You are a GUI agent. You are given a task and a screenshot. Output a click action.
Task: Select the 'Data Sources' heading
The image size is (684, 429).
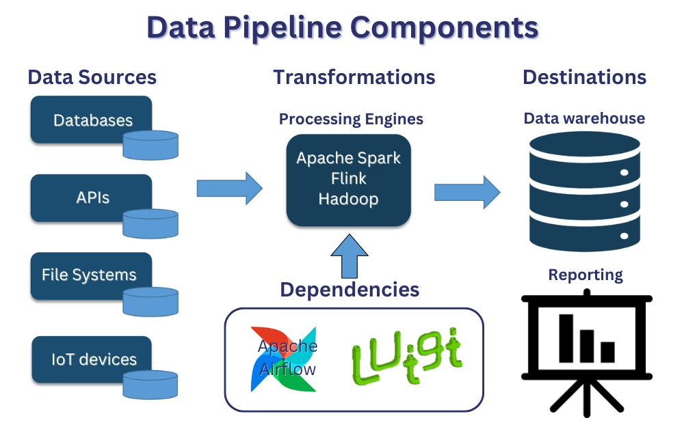click(x=92, y=77)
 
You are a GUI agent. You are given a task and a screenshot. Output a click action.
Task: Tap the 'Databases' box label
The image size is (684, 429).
click(x=92, y=121)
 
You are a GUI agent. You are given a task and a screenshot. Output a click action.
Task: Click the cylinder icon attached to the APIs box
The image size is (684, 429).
click(x=150, y=223)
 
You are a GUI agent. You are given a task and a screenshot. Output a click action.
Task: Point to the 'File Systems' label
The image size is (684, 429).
click(x=89, y=275)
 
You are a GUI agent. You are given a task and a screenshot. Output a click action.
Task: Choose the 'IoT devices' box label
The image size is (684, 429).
click(x=94, y=359)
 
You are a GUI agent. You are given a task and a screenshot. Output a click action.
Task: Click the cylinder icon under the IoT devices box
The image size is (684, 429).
click(x=150, y=386)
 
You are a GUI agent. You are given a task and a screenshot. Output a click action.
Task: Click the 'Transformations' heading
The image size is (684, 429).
click(x=354, y=77)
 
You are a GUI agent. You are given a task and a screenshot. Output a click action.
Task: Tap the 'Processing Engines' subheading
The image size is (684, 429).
click(x=351, y=119)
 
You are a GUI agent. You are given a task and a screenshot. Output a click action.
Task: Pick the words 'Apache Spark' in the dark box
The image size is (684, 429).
click(x=348, y=158)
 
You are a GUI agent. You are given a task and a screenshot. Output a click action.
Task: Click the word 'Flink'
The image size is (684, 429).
click(x=348, y=179)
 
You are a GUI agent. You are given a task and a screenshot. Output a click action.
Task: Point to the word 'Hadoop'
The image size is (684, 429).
click(x=348, y=199)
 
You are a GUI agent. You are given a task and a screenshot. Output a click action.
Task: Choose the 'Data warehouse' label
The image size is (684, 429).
click(x=583, y=118)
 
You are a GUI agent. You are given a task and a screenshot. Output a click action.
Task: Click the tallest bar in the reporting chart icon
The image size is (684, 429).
click(x=566, y=338)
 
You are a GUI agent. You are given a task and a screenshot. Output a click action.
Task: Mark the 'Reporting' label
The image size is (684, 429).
click(x=586, y=275)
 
